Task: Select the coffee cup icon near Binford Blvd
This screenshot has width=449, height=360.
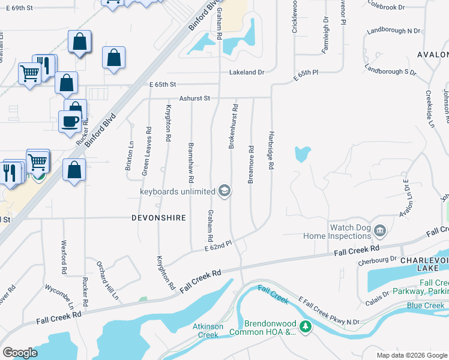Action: [x=70, y=122]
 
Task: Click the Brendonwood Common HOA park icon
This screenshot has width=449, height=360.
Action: [x=306, y=327]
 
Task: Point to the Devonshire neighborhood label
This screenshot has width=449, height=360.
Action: [x=158, y=218]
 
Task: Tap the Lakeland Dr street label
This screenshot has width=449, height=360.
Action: [x=247, y=72]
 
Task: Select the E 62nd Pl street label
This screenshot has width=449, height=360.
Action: [x=218, y=245]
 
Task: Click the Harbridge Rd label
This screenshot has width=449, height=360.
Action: [x=271, y=149]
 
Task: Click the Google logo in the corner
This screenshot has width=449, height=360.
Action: [x=20, y=353]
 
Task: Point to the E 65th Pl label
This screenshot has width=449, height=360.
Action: [x=305, y=76]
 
